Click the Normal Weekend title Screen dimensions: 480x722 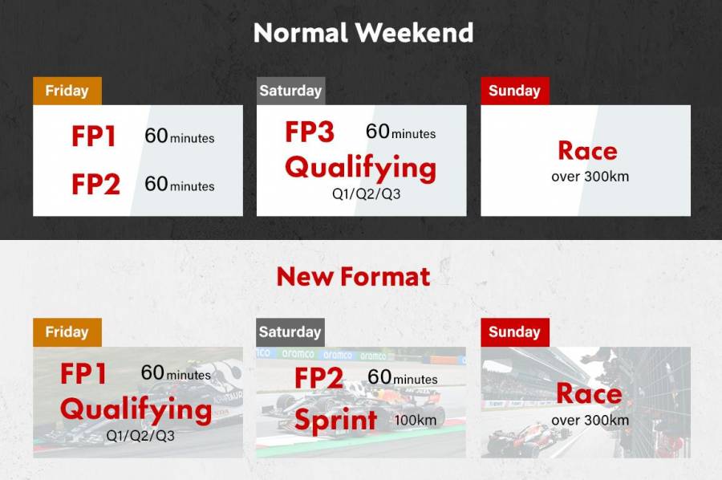[363, 33]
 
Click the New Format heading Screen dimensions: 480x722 [353, 277]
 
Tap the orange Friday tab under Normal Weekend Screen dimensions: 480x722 [67, 91]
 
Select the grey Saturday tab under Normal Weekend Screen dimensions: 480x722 [290, 91]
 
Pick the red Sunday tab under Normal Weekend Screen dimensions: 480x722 [514, 91]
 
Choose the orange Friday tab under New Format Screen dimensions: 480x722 [67, 332]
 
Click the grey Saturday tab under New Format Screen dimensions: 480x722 [290, 332]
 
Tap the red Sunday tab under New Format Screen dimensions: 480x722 [514, 332]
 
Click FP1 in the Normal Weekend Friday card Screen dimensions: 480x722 [94, 137]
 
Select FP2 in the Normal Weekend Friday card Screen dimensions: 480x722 [95, 185]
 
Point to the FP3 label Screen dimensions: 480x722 [310, 132]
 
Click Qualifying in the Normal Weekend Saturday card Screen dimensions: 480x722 [360, 168]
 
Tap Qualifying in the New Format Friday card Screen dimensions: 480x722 [136, 409]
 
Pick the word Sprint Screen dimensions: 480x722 [335, 420]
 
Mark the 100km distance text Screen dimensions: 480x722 [416, 420]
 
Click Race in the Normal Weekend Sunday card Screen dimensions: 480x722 [587, 151]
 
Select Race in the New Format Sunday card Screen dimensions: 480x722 [589, 393]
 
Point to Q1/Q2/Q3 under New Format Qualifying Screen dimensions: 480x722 [140, 436]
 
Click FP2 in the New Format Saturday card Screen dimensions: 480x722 [318, 377]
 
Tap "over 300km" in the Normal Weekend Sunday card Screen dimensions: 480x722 [590, 177]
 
